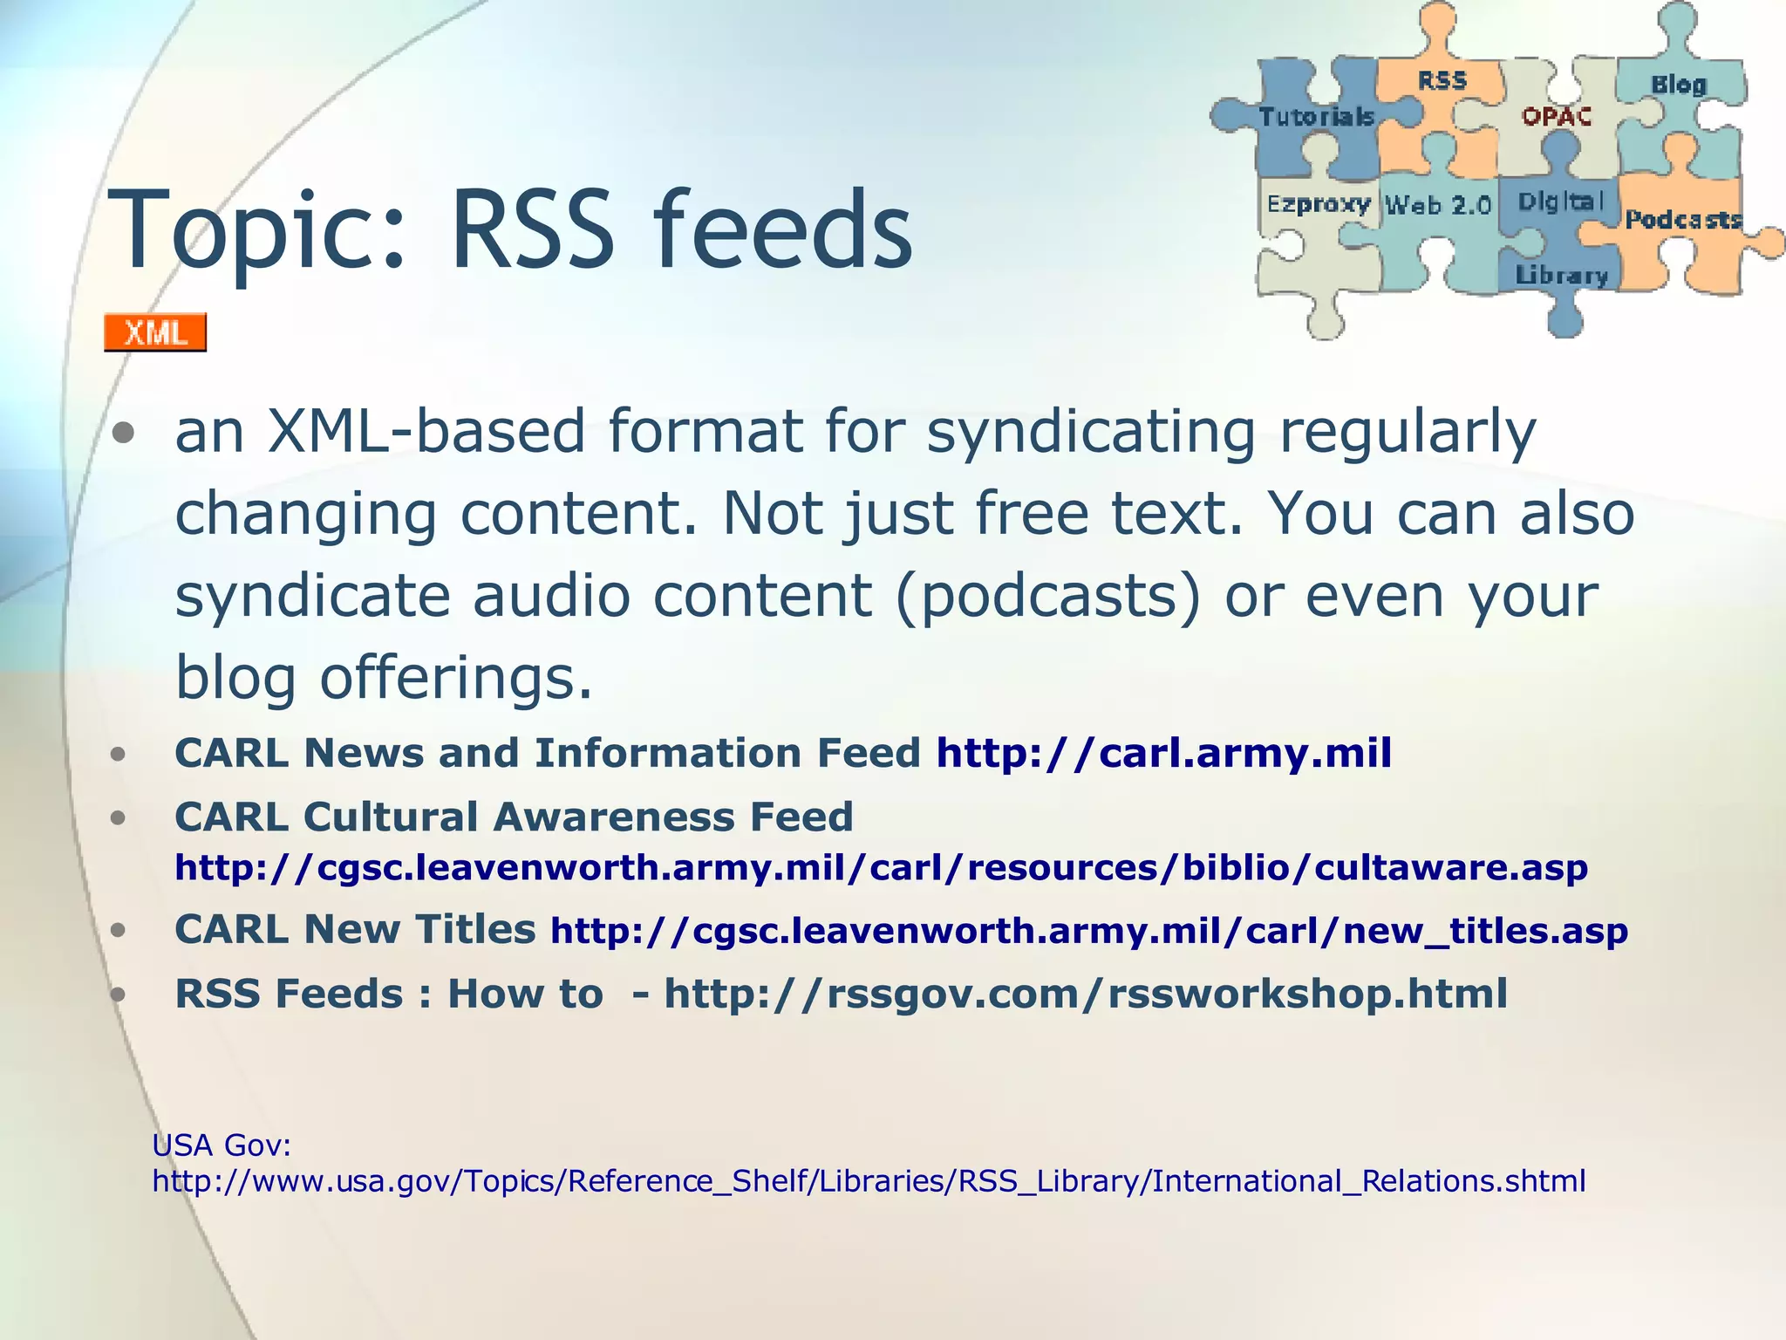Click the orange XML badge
[155, 332]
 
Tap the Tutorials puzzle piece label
[1316, 116]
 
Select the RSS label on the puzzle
[1442, 81]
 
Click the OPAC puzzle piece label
[1557, 116]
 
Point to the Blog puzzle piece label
[1678, 85]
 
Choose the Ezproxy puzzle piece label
[1319, 204]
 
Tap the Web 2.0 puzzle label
[1439, 206]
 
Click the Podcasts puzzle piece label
[1682, 219]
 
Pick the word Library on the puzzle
[1561, 276]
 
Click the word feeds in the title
[782, 230]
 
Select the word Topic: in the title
[257, 230]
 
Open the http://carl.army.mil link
[1163, 753]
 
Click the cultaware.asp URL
[881, 868]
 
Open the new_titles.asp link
[1088, 931]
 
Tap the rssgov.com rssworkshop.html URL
[1086, 994]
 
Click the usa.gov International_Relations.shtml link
[869, 1181]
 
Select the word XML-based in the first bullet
[426, 431]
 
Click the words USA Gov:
[221, 1144]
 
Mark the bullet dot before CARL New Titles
[119, 930]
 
